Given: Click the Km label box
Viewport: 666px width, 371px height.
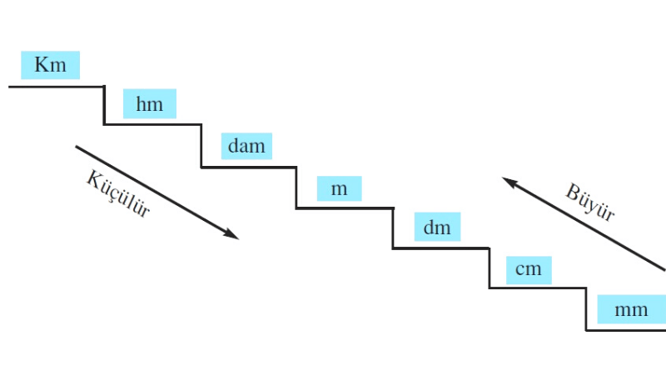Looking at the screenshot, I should pos(50,64).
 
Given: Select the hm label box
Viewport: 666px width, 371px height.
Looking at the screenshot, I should pos(150,104).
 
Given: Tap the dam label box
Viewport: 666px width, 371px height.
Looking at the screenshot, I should pos(246,146).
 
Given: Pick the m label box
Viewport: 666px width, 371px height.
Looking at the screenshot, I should pos(339,188).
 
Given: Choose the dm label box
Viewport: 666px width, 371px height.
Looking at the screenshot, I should pos(436,227).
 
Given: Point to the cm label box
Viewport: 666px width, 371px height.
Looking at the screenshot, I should pos(528,268).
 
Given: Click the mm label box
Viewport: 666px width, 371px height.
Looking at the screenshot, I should pos(630,310).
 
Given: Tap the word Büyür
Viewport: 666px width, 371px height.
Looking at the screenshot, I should pos(590,203).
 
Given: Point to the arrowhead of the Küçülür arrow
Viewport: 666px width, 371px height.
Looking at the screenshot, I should pos(232,235).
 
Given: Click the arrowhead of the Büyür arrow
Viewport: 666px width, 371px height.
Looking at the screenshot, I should pos(508,180).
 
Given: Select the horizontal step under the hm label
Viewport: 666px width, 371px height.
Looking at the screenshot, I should pos(152,125).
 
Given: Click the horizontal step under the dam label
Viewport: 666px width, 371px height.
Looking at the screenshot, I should pos(249,168).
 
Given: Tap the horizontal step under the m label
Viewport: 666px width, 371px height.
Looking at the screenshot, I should pos(345,208).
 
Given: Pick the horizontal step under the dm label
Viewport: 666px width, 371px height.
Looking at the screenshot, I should pos(441,248).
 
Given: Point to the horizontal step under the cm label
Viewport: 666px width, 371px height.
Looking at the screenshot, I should pos(538,288).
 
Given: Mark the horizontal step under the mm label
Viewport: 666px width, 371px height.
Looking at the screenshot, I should pos(626,330).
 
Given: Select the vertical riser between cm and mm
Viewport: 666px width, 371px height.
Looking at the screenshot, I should pos(586,309).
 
